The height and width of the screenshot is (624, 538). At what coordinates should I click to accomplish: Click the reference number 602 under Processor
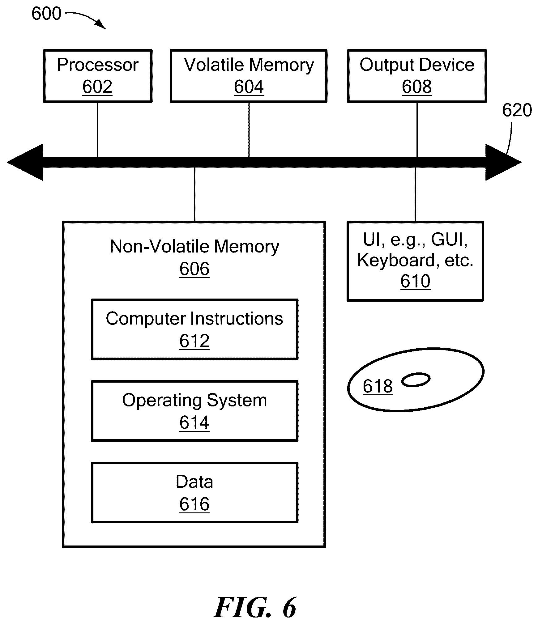(x=97, y=87)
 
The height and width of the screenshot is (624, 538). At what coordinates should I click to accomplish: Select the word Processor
(x=97, y=65)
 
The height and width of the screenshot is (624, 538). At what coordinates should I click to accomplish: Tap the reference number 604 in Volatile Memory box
(x=249, y=87)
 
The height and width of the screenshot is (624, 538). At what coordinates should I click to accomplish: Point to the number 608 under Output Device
(x=417, y=87)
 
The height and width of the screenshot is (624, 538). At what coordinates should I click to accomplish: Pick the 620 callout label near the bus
(x=517, y=110)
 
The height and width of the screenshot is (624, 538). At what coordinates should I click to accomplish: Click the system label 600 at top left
(x=46, y=14)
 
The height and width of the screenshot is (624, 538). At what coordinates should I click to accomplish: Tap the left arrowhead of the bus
(x=25, y=162)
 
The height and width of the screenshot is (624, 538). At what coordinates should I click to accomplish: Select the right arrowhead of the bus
(x=503, y=162)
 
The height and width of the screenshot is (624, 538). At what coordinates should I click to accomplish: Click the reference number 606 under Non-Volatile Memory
(x=194, y=269)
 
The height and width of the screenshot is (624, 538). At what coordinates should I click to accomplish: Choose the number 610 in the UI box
(x=415, y=281)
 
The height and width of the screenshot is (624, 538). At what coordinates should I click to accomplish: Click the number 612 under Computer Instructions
(x=194, y=341)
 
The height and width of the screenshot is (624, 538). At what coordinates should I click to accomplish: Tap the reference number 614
(x=194, y=423)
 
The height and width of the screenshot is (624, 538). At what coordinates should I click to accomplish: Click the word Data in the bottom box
(x=194, y=482)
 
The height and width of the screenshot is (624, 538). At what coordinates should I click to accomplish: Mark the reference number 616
(x=194, y=504)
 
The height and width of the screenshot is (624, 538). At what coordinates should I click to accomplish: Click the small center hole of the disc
(x=416, y=380)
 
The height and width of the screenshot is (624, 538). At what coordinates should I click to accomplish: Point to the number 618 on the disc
(x=378, y=386)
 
